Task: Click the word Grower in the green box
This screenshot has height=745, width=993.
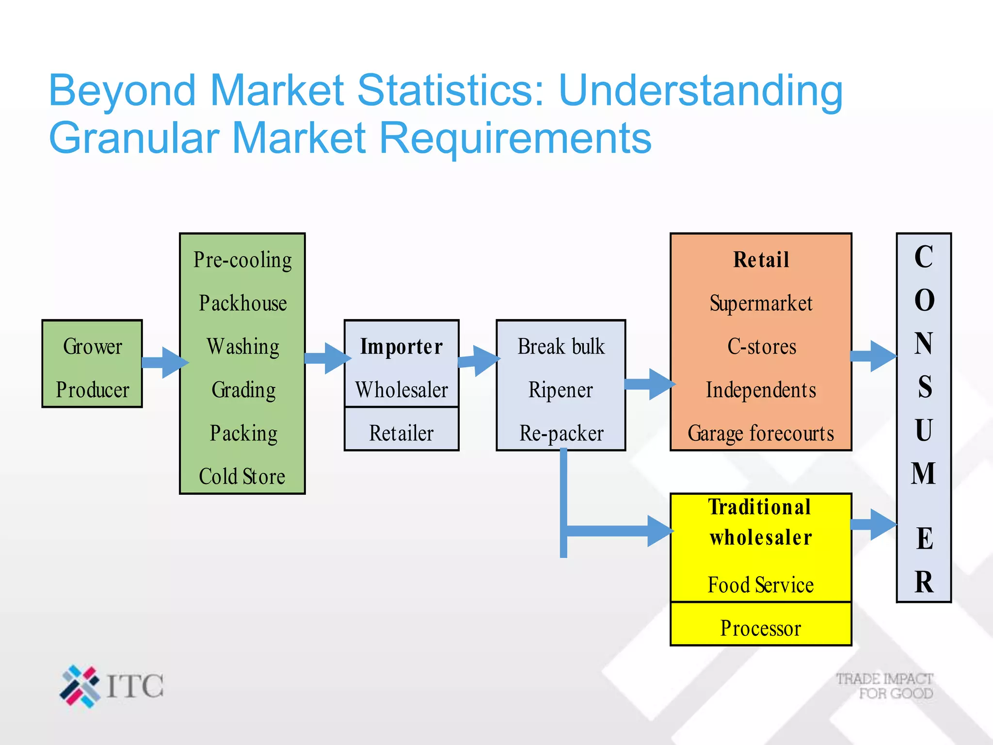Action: pyautogui.click(x=92, y=347)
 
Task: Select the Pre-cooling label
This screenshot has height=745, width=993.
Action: pyautogui.click(x=242, y=260)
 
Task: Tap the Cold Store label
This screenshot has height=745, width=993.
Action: pyautogui.click(x=242, y=476)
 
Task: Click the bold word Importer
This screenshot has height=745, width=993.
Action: pyautogui.click(x=401, y=347)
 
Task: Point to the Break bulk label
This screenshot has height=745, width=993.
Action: pyautogui.click(x=561, y=347)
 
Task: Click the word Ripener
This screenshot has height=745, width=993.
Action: pyautogui.click(x=561, y=390)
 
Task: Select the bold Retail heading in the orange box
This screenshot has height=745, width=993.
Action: pyautogui.click(x=761, y=260)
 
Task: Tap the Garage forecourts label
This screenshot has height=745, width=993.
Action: pyautogui.click(x=761, y=433)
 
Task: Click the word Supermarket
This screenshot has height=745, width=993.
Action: pyautogui.click(x=761, y=304)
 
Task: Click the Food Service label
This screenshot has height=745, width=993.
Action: pyautogui.click(x=761, y=585)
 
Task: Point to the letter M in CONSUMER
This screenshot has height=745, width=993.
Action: pyautogui.click(x=924, y=474)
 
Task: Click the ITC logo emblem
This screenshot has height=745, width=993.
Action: pyautogui.click(x=80, y=686)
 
